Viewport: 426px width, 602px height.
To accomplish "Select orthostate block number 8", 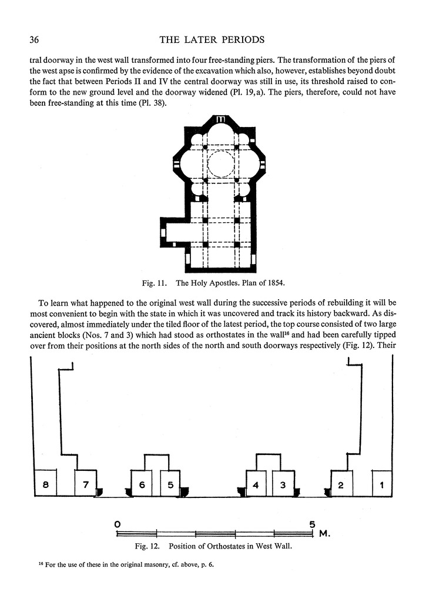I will tap(45, 484).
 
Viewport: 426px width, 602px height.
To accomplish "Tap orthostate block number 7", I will tap(86, 484).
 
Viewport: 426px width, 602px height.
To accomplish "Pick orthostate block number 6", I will tap(142, 484).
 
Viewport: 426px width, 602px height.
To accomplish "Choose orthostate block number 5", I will tap(170, 484).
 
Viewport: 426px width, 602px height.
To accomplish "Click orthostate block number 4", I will tap(256, 484).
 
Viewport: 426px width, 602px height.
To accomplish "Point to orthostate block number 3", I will tap(283, 484).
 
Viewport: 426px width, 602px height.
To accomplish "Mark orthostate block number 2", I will tap(341, 484).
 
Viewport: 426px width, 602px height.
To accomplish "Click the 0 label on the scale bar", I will tap(118, 523).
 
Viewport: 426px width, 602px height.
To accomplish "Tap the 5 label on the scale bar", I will tap(312, 523).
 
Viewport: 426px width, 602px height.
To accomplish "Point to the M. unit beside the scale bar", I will tap(325, 534).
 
